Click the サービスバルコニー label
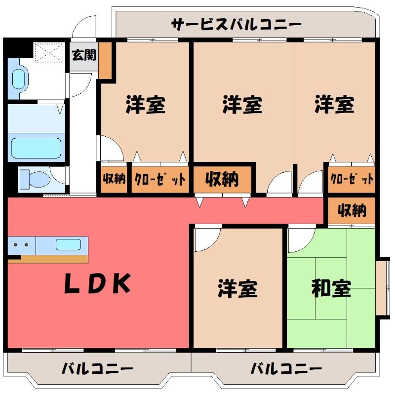tap(236, 24)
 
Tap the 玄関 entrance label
tap(84, 55)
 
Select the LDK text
tap(98, 283)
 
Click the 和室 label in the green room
tap(331, 288)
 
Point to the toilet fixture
tap(35, 179)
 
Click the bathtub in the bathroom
tap(36, 148)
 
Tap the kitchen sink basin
tap(68, 244)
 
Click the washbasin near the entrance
tap(19, 79)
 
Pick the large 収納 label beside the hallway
tap(222, 179)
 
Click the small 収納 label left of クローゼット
tap(114, 179)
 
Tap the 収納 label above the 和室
tap(352, 210)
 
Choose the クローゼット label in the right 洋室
tap(352, 179)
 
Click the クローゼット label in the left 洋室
tap(160, 179)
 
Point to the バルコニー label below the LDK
tap(97, 368)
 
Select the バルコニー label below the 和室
tap(286, 368)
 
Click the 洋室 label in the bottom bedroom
tap(237, 288)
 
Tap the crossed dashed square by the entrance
tap(48, 52)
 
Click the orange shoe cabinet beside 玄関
tap(105, 60)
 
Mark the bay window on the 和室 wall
tap(382, 288)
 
